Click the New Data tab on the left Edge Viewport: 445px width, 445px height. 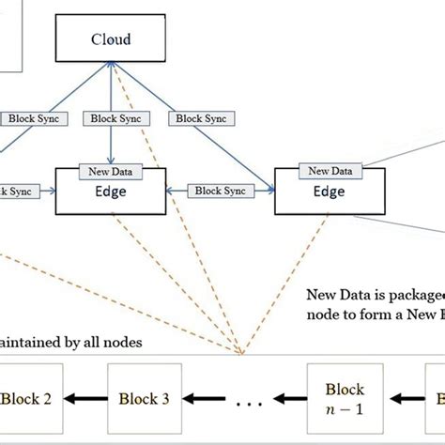tap(112, 171)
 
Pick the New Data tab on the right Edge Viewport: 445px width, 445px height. tap(330, 170)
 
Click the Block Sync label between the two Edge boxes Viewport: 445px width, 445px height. tap(221, 190)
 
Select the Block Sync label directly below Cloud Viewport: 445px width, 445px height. tap(112, 119)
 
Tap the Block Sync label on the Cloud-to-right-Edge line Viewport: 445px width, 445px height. tap(202, 119)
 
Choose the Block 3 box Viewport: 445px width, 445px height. tap(143, 399)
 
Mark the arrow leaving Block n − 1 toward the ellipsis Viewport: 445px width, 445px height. tap(291, 399)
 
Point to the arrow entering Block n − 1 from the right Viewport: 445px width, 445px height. tap(400, 399)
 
